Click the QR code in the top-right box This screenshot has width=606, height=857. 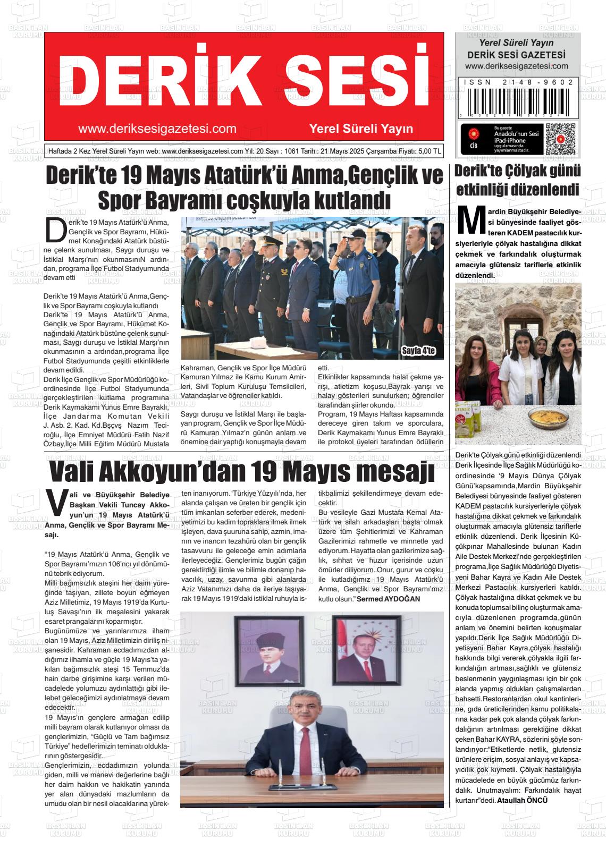click(x=560, y=139)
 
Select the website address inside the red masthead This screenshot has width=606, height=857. click(x=157, y=129)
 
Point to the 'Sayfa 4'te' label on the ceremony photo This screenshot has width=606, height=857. click(x=418, y=351)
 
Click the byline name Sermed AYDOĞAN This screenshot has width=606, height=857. click(x=388, y=599)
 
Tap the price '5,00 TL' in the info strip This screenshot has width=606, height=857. click(x=430, y=151)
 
